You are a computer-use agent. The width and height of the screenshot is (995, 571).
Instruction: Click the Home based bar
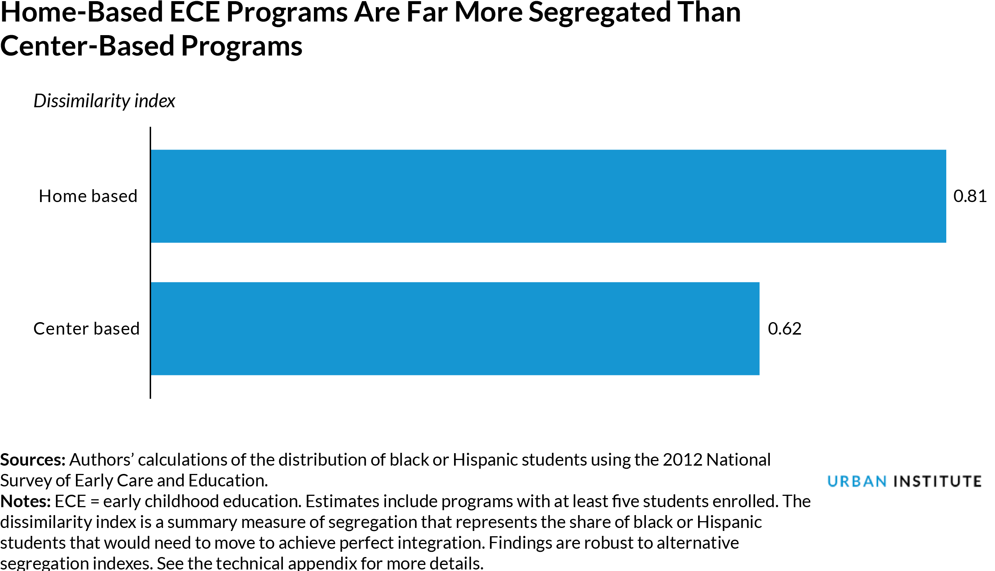point(548,196)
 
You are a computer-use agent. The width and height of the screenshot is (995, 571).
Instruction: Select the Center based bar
point(455,329)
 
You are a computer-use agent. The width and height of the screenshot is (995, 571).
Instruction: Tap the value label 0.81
point(970,196)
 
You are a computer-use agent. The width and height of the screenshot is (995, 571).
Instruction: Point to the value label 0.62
point(784,329)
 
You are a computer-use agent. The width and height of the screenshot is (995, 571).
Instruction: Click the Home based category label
point(88,196)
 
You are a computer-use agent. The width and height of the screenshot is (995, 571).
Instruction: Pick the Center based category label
point(86,329)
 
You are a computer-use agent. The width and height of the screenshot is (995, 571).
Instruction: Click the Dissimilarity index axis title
point(104,101)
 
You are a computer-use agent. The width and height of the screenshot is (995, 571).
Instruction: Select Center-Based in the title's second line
point(87,46)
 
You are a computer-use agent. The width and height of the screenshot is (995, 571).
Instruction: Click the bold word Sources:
point(32,460)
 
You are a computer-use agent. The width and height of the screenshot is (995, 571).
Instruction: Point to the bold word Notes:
point(25,501)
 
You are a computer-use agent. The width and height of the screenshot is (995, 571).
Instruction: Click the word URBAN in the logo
point(857,481)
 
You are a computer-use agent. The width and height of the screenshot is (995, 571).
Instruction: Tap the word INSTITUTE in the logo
point(938,481)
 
